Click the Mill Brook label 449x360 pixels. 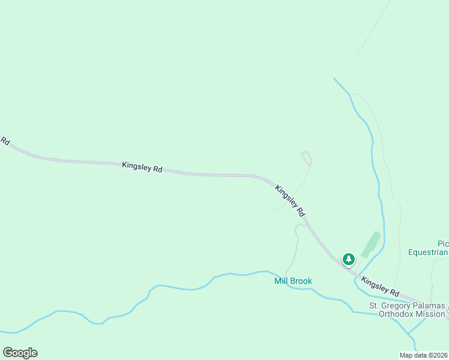click(293, 281)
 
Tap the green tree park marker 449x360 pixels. click(348, 259)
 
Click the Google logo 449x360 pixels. click(20, 353)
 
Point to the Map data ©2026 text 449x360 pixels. click(423, 355)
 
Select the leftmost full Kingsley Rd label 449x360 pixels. click(142, 167)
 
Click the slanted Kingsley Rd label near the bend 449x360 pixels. click(291, 200)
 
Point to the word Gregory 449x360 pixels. click(397, 305)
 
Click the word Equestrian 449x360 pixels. click(428, 252)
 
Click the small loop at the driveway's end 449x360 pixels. click(307, 158)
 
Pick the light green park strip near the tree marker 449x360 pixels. click(371, 242)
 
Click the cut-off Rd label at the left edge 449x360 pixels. click(4, 141)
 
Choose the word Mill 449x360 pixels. click(282, 281)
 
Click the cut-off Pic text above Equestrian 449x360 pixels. click(443, 244)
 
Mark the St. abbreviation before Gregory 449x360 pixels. click(374, 305)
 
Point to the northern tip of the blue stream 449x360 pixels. click(334, 77)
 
